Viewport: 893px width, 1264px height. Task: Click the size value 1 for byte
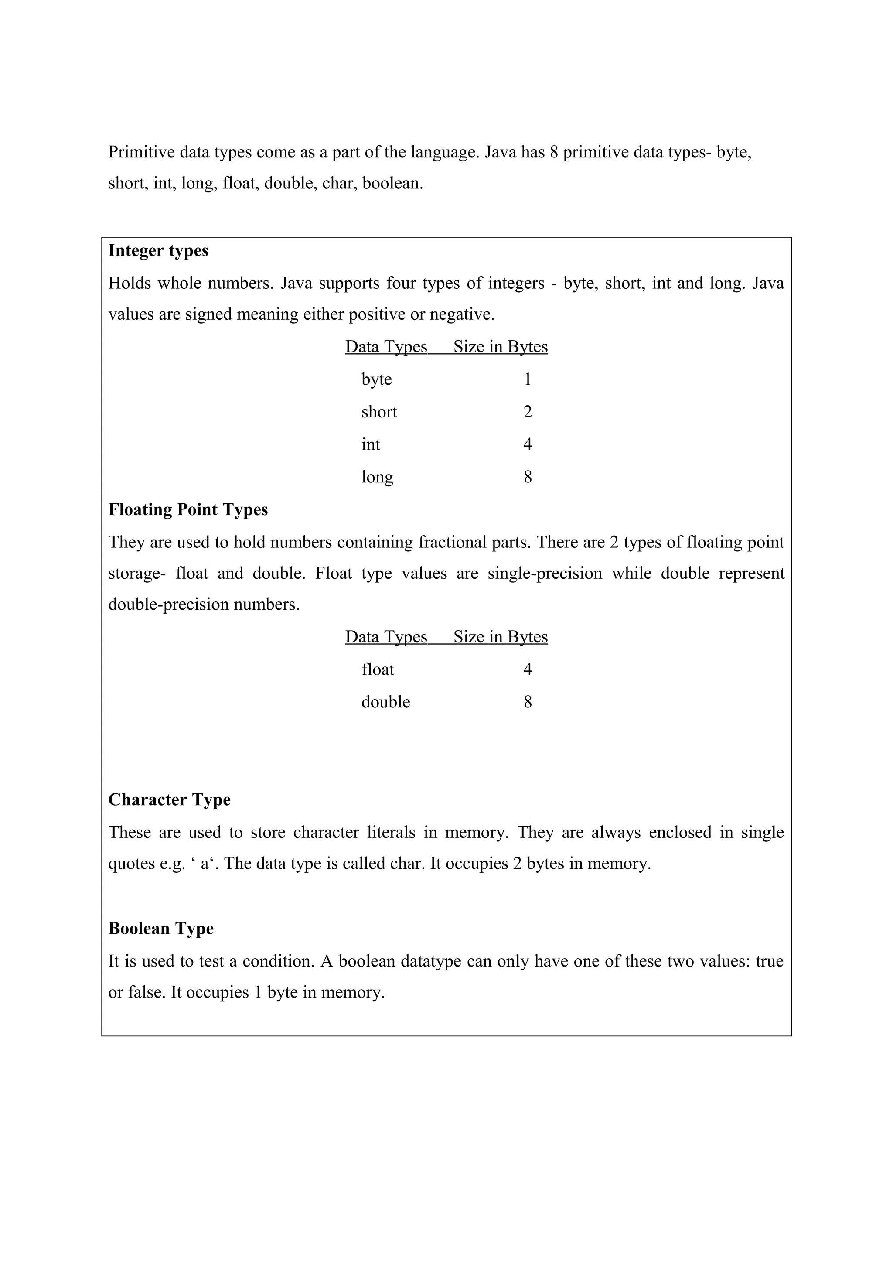528,379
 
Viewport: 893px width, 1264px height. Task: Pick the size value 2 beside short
528,412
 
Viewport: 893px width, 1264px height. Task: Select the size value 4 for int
528,444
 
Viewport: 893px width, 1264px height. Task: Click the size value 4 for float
528,670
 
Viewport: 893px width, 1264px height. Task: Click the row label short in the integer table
379,412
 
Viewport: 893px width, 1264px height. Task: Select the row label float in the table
378,670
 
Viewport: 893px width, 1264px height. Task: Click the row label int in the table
370,444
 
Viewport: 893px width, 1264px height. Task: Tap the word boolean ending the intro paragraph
392,183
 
